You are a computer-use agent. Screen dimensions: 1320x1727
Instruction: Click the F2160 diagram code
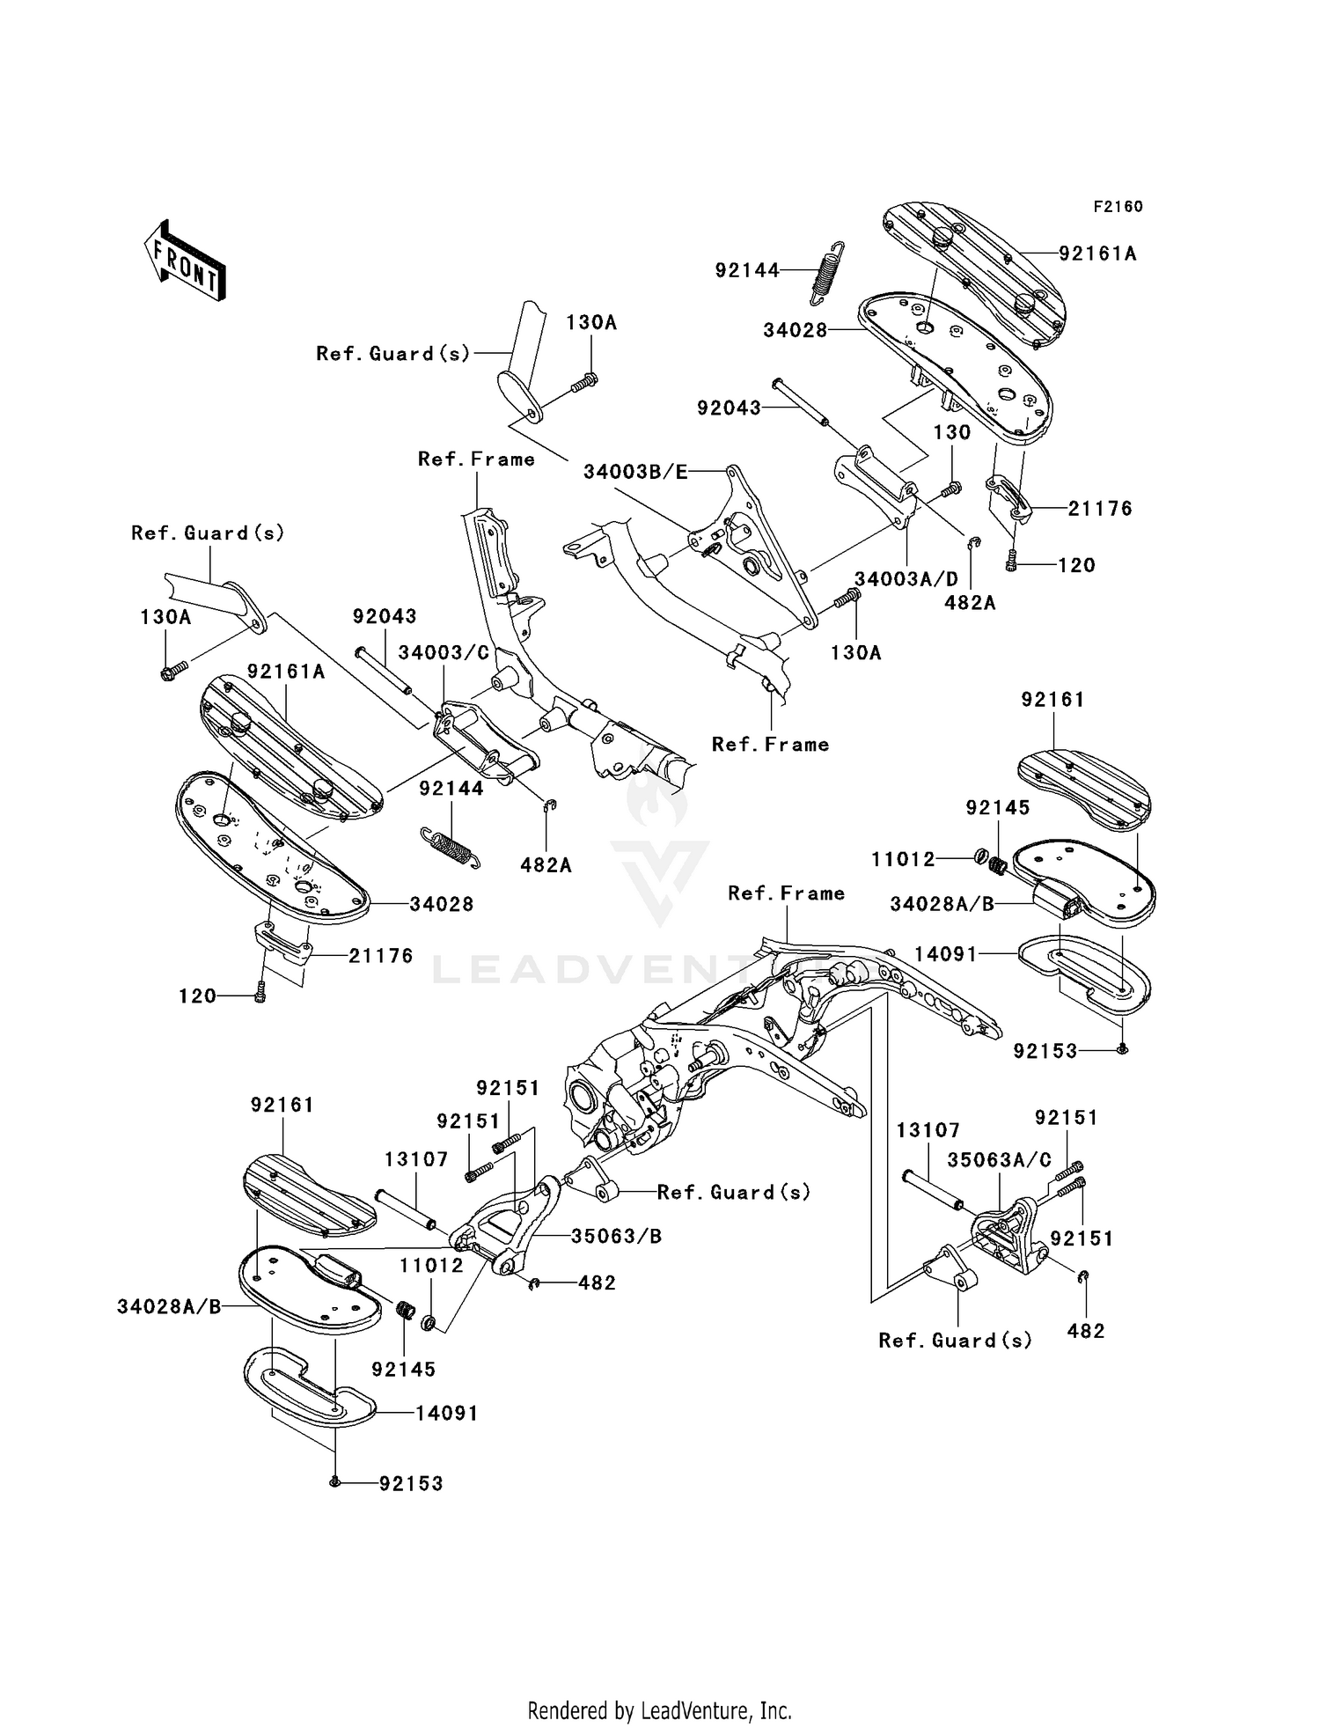(x=1118, y=207)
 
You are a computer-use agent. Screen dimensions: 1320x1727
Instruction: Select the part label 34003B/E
(x=635, y=472)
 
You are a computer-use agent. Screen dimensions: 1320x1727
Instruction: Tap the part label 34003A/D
(x=906, y=579)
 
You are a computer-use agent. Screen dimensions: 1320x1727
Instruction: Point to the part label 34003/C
(x=444, y=652)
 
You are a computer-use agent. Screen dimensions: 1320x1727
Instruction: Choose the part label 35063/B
(x=616, y=1236)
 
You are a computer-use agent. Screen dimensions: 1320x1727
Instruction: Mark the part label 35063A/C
(x=999, y=1160)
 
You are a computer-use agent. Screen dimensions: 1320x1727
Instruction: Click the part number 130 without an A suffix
(x=952, y=432)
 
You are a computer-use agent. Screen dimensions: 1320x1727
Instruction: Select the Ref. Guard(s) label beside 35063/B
(x=733, y=1192)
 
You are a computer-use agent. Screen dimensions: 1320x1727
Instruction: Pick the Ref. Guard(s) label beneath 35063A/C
(x=955, y=1340)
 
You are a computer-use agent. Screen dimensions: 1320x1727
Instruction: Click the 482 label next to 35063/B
(x=597, y=1283)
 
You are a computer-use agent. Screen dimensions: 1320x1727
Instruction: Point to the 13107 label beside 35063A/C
(x=928, y=1129)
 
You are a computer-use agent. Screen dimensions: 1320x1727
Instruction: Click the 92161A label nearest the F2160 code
(x=1097, y=254)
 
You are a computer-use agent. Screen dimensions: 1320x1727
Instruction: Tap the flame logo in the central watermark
(x=658, y=798)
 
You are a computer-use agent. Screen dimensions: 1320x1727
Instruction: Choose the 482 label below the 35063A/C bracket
(x=1086, y=1331)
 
